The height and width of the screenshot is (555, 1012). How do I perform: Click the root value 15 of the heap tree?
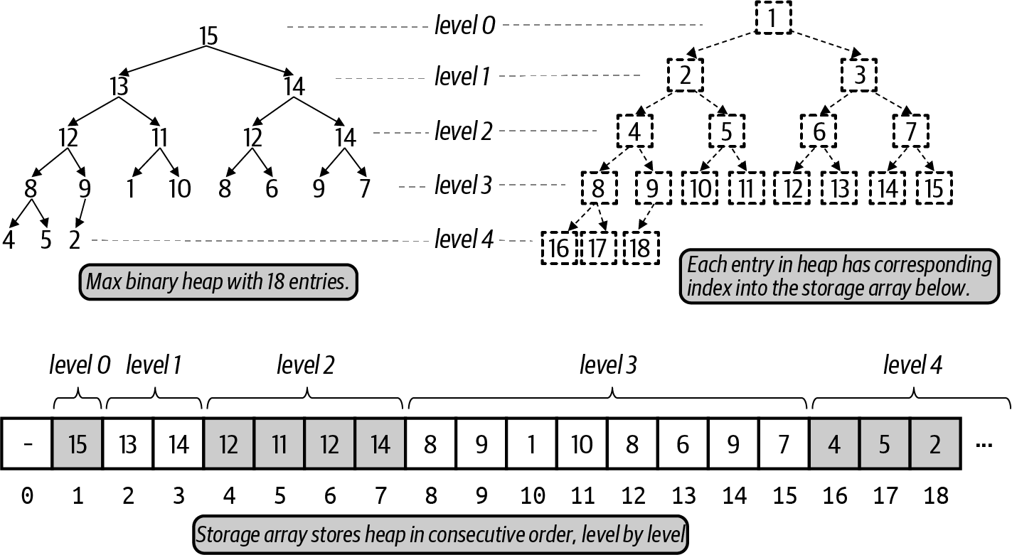pyautogui.click(x=208, y=36)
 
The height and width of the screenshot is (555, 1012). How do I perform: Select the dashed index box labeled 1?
pyautogui.click(x=772, y=19)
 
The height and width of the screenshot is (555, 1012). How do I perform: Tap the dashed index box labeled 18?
pyautogui.click(x=641, y=248)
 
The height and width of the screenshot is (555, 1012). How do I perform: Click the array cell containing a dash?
pyautogui.click(x=27, y=444)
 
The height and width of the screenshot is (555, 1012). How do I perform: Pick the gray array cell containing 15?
pyautogui.click(x=78, y=444)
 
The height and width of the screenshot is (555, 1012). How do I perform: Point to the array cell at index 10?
pyautogui.click(x=531, y=444)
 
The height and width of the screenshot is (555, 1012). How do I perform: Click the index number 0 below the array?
pyautogui.click(x=27, y=496)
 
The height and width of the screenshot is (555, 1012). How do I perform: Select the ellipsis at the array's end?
pyautogui.click(x=984, y=446)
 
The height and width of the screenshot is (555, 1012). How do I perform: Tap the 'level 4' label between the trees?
pyautogui.click(x=464, y=240)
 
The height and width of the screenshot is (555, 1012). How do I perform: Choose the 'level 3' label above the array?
pyautogui.click(x=608, y=366)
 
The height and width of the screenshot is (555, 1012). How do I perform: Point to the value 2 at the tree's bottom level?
pyautogui.click(x=75, y=240)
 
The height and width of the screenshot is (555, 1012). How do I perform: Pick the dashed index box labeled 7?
pyautogui.click(x=911, y=132)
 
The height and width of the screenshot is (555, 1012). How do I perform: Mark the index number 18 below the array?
pyautogui.click(x=935, y=496)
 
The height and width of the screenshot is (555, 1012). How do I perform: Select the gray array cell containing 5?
pyautogui.click(x=885, y=444)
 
